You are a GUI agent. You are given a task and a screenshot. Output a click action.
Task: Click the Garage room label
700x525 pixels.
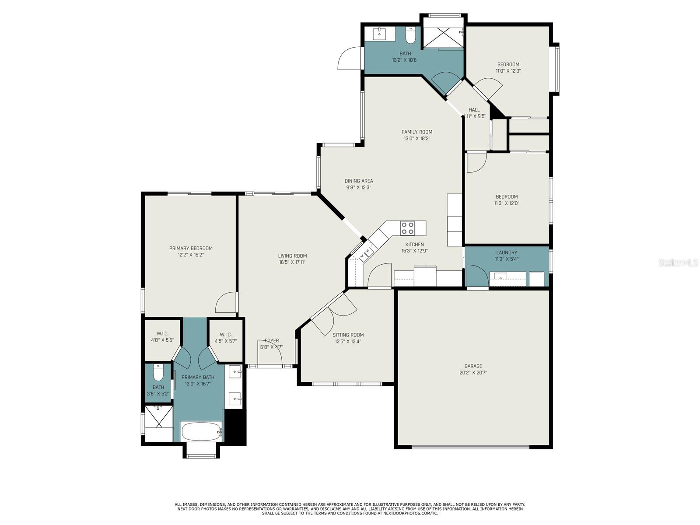[473, 366]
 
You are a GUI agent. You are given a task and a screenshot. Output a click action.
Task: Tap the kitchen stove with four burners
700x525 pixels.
[407, 228]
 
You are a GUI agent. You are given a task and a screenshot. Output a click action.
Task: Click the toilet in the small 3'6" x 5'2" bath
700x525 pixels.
[158, 372]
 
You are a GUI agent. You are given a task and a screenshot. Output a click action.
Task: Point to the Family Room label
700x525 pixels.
[417, 132]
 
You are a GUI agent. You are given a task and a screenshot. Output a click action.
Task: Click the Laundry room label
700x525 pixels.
[507, 252]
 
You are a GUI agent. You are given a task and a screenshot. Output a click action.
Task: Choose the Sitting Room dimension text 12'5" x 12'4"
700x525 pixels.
[348, 341]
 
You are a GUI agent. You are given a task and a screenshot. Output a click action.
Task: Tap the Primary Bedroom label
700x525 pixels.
[191, 248]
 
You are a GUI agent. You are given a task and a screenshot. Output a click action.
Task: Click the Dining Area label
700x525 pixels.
[359, 181]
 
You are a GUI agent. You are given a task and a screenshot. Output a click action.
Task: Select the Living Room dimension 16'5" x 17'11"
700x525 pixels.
[292, 262]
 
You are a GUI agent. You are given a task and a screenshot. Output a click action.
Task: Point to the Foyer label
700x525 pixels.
[272, 341]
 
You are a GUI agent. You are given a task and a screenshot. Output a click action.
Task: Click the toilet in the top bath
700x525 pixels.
[410, 35]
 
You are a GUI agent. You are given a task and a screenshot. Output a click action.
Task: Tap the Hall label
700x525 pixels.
[474, 110]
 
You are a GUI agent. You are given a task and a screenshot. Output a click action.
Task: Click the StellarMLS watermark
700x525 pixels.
[678, 262]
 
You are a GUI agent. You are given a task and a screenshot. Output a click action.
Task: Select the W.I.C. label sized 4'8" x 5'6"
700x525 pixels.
[163, 334]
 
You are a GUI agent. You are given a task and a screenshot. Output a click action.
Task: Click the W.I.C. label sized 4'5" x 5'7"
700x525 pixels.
[225, 335]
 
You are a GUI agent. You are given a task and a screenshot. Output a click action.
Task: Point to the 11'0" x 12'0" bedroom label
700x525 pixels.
[508, 64]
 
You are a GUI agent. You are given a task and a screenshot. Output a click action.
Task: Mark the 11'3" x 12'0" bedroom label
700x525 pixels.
[507, 197]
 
